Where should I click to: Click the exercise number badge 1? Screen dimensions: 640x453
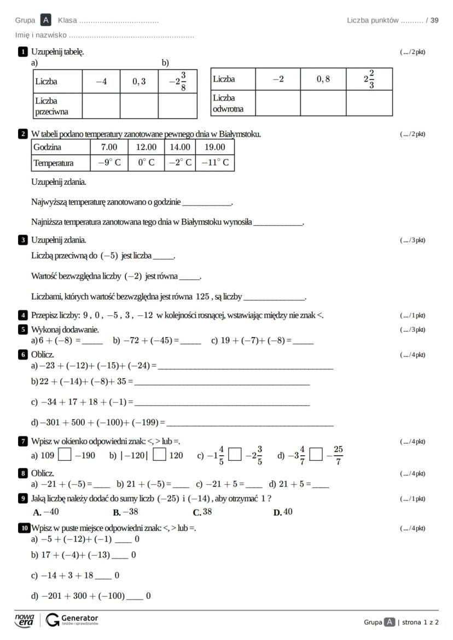point(23,52)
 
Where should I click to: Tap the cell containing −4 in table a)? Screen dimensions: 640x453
point(101,81)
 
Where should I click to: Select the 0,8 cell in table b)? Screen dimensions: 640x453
point(323,79)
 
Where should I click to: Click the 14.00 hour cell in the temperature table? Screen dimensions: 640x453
point(179,147)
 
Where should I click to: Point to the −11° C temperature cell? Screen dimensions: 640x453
point(214,163)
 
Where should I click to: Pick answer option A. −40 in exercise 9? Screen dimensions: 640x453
point(46,512)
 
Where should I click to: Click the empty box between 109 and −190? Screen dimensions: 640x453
point(65,455)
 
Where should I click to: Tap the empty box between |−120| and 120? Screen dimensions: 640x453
point(159,455)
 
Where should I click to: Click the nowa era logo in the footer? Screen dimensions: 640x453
point(25,620)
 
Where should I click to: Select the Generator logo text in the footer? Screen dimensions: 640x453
point(79,618)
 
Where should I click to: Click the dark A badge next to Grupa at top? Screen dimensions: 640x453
point(46,20)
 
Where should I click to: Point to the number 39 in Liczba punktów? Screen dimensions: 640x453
point(434,20)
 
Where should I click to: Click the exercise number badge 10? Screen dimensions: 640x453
point(24,528)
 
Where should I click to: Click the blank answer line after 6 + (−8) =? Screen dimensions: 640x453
point(92,341)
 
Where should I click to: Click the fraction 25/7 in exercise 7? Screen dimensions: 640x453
point(338,455)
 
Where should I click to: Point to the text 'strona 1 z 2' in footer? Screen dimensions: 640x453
point(420,622)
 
